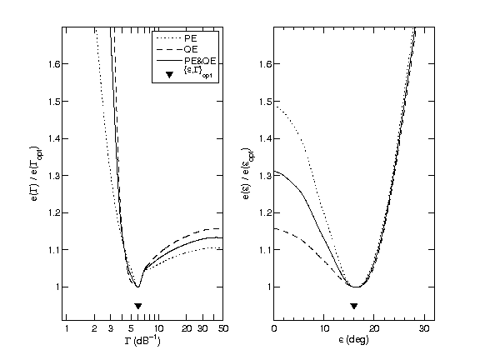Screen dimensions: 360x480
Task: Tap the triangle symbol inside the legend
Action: (x=168, y=76)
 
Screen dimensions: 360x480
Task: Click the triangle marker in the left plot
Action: (x=138, y=306)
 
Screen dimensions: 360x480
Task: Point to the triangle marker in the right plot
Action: (x=354, y=306)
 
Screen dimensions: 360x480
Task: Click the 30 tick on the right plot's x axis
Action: (x=424, y=330)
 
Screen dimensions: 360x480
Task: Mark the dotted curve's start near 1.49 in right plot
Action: (x=275, y=106)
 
